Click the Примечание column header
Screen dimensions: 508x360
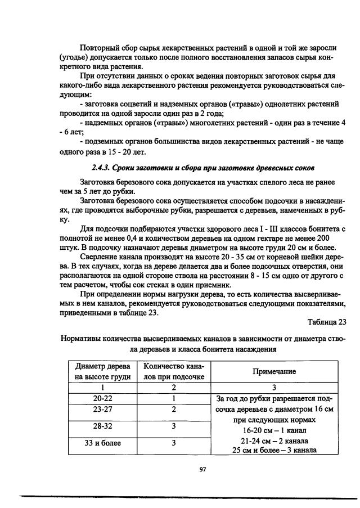tap(274, 372)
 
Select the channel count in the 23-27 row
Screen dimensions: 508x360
tap(174, 410)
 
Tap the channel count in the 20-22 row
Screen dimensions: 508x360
tap(174, 399)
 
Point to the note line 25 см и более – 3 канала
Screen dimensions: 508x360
tap(274, 450)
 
